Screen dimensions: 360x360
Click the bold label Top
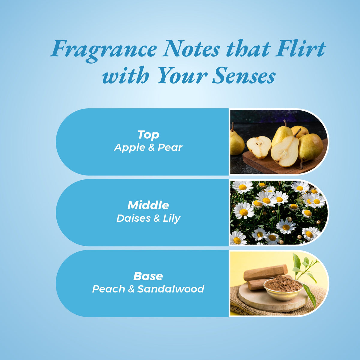[148, 135]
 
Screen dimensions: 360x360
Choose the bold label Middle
[148, 205]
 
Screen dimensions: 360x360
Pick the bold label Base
[148, 276]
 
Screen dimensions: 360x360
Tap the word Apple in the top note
[130, 148]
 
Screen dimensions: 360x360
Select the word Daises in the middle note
[133, 218]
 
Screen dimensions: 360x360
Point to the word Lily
[172, 219]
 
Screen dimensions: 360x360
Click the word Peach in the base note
[109, 289]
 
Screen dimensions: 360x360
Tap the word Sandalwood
[171, 289]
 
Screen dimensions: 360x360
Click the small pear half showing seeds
[259, 147]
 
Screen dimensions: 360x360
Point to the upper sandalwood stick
[266, 273]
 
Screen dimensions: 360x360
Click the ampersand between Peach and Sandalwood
[131, 289]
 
